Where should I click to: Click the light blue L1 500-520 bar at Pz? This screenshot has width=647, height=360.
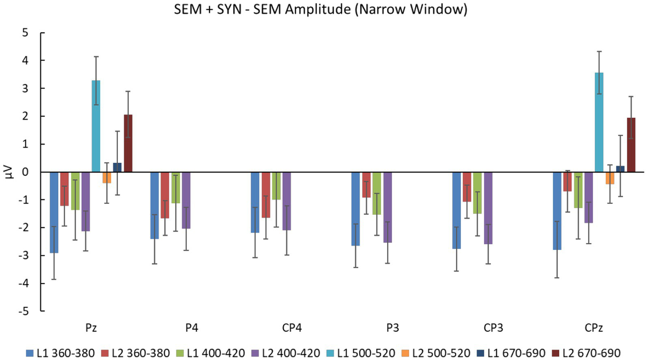coord(96,126)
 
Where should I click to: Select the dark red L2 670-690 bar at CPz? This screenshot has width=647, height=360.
coord(631,145)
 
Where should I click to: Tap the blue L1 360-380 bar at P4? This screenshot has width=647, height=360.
coord(155,205)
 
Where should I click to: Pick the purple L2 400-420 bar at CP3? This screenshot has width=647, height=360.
coord(488,208)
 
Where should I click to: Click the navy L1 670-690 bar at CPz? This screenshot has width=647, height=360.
coord(620,169)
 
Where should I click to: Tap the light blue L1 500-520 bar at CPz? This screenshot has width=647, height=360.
coord(599,122)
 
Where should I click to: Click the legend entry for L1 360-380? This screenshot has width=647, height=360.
coord(60,353)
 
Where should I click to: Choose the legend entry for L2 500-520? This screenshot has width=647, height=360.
coord(435,353)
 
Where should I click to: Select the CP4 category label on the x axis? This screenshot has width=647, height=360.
coord(292,328)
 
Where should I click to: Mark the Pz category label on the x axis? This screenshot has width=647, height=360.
coord(91,328)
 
